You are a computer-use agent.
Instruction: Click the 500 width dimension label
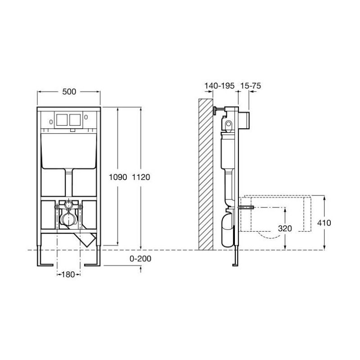coord(69,92)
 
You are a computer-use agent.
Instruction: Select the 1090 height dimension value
coord(118,177)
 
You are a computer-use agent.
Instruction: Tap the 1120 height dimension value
coord(141,177)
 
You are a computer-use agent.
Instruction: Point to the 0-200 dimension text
coord(140,258)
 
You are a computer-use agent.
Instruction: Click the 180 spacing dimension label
coord(68,274)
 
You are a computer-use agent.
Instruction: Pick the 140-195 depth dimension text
coord(220,86)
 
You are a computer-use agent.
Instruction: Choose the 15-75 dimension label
coord(251,86)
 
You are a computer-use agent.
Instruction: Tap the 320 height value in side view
coord(285,229)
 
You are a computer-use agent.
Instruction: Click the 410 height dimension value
coord(324,223)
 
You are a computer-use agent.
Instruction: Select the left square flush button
coord(62,120)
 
